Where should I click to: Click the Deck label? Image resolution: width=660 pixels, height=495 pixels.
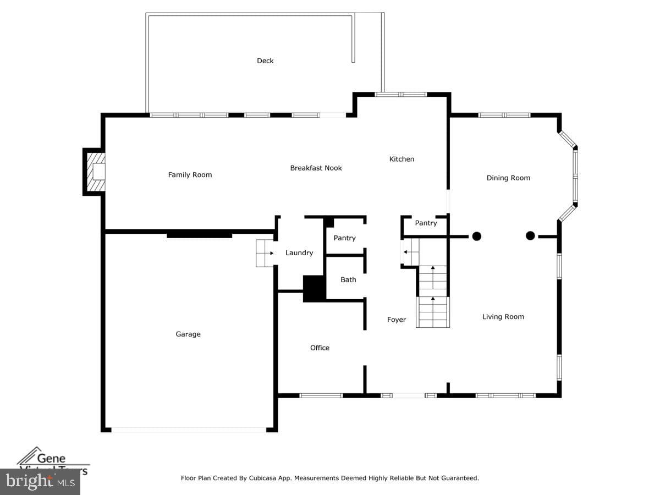[x=265, y=61]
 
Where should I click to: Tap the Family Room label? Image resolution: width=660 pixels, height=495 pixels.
[x=190, y=175]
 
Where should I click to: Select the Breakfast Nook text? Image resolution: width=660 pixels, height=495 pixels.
[x=316, y=168]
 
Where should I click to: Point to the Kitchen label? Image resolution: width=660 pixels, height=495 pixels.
[x=402, y=159]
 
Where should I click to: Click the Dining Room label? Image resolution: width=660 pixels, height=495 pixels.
[x=508, y=178]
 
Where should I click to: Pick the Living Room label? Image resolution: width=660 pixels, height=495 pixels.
[x=503, y=316]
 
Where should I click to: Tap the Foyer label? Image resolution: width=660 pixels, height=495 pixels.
[x=396, y=320]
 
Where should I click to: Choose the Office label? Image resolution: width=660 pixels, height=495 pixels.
[x=320, y=348]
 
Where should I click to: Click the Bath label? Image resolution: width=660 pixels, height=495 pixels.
[x=348, y=279]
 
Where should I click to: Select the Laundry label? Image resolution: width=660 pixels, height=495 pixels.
[x=299, y=253]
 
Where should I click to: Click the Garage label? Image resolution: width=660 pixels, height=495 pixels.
[x=188, y=334]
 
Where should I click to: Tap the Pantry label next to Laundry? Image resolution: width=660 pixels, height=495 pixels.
[x=344, y=238]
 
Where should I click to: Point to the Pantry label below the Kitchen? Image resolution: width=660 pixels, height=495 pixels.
[x=426, y=223]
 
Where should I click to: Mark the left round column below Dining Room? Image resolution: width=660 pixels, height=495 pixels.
[x=476, y=236]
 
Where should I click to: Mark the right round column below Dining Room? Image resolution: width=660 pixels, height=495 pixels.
[x=530, y=235]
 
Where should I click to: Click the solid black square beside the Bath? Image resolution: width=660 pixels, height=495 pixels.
[x=315, y=288]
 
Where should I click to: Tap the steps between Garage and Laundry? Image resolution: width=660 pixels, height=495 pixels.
[x=265, y=253]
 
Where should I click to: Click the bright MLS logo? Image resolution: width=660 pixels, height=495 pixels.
[x=40, y=481]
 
